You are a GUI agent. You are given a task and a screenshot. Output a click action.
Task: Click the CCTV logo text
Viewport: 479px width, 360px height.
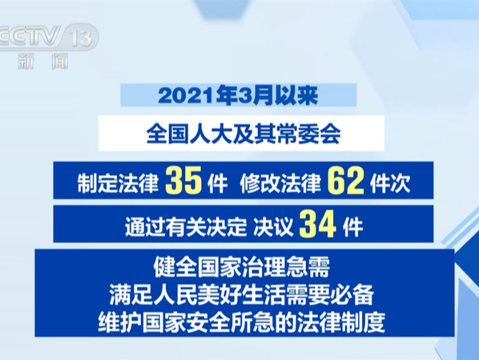pyautogui.click(x=30, y=36)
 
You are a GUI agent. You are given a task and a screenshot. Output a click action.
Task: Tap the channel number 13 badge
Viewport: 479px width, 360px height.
pyautogui.click(x=81, y=38)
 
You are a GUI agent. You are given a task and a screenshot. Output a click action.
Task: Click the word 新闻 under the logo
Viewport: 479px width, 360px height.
pyautogui.click(x=42, y=61)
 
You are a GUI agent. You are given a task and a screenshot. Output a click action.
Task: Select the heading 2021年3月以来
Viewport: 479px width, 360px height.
pyautogui.click(x=238, y=95)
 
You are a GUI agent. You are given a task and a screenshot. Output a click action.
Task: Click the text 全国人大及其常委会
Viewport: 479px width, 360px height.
pyautogui.click(x=244, y=134)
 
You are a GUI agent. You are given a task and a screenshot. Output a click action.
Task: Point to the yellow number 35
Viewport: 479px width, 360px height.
pyautogui.click(x=183, y=180)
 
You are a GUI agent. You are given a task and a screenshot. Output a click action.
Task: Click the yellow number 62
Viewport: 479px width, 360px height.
pyautogui.click(x=346, y=180)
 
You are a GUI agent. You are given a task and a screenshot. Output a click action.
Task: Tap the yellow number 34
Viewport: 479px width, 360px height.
pyautogui.click(x=318, y=224)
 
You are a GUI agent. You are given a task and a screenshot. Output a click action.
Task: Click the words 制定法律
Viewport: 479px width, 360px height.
pyautogui.click(x=118, y=183)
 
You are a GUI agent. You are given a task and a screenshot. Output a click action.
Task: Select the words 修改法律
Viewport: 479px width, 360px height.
pyautogui.click(x=280, y=183)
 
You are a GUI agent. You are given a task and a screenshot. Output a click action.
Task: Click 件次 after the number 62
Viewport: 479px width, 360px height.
pyautogui.click(x=390, y=183)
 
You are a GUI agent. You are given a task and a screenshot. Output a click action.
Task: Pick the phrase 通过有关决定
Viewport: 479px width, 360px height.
pyautogui.click(x=185, y=227)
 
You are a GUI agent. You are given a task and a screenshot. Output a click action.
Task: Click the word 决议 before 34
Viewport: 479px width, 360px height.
pyautogui.click(x=273, y=227)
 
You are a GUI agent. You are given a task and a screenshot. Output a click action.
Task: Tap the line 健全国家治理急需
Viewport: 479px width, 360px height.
pyautogui.click(x=241, y=267)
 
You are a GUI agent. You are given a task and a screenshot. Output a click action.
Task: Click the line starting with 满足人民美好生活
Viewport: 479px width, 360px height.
pyautogui.click(x=241, y=295)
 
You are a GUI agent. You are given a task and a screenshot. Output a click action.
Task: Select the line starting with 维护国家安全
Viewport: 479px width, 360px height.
pyautogui.click(x=241, y=322)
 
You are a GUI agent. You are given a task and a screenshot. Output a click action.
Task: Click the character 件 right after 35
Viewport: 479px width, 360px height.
pyautogui.click(x=217, y=183)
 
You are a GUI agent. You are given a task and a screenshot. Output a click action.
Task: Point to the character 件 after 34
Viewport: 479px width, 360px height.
pyautogui.click(x=352, y=227)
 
